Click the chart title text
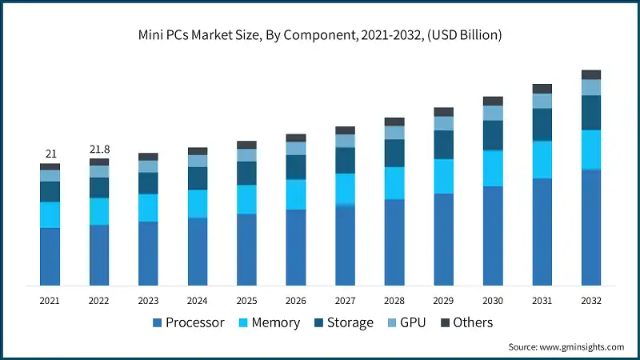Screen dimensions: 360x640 [320, 34]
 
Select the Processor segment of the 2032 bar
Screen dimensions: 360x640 [591, 227]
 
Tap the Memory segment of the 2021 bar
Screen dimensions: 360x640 [50, 214]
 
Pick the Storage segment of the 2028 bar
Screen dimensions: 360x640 [394, 153]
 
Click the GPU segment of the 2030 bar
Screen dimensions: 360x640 [493, 113]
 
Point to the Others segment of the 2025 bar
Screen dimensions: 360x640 [246, 145]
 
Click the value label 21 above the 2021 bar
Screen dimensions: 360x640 [50, 154]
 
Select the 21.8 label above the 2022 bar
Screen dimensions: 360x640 [99, 150]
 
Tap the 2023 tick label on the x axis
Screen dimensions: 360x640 [148, 301]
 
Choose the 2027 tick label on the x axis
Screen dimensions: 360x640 [345, 301]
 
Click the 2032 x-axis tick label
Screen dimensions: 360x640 [591, 301]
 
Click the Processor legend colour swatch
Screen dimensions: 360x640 [157, 323]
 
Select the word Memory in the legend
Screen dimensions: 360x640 [276, 323]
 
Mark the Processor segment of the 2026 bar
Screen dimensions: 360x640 [296, 247]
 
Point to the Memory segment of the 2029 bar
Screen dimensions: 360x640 [443, 176]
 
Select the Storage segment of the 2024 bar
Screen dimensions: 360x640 [198, 178]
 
